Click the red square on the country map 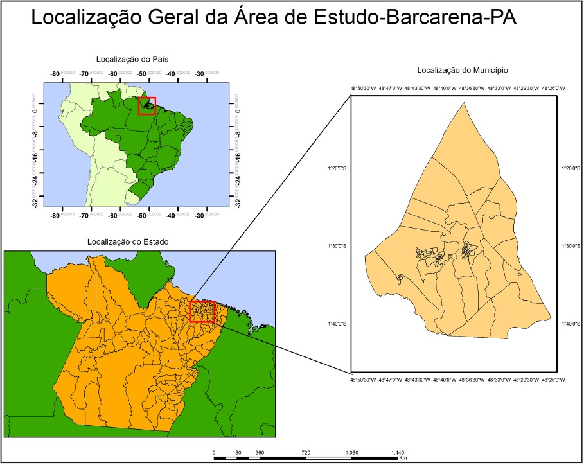pyautogui.click(x=147, y=106)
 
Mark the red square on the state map pyautogui.click(x=202, y=311)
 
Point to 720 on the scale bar pyautogui.click(x=306, y=453)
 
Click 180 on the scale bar pyautogui.click(x=236, y=453)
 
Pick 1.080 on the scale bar pyautogui.click(x=351, y=453)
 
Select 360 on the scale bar pyautogui.click(x=260, y=453)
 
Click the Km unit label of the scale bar pyautogui.click(x=403, y=459)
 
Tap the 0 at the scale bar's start pyautogui.click(x=214, y=453)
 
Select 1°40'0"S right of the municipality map pyautogui.click(x=567, y=324)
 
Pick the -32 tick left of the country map pyautogui.click(x=33, y=202)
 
